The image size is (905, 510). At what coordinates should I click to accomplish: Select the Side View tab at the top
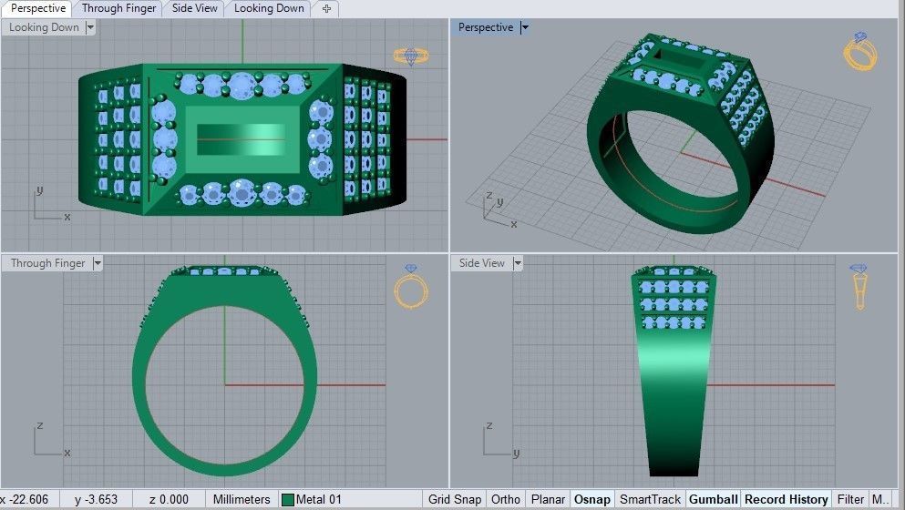[x=194, y=8]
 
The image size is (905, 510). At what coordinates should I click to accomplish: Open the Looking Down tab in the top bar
[x=269, y=8]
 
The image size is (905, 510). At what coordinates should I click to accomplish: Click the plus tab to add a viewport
[x=326, y=8]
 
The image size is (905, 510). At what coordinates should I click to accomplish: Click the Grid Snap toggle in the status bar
[x=454, y=499]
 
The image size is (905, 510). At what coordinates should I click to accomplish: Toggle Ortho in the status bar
[x=506, y=499]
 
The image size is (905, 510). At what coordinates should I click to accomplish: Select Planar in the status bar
[x=548, y=499]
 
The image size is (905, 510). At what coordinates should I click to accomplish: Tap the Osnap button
[x=592, y=499]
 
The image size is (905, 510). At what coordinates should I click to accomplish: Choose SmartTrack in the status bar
[x=650, y=499]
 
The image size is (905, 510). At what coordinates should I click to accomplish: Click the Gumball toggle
[x=714, y=499]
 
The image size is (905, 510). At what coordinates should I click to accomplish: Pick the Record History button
[x=786, y=499]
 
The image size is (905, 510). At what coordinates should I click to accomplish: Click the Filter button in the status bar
[x=850, y=499]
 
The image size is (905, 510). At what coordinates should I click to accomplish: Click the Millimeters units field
[x=242, y=499]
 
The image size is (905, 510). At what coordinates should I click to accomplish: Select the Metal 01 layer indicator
[x=312, y=499]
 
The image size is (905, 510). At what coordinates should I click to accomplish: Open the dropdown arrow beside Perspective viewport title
[x=524, y=27]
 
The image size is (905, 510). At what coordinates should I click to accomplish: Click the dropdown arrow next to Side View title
[x=518, y=263]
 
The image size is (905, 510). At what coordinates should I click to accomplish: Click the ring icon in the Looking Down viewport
[x=411, y=56]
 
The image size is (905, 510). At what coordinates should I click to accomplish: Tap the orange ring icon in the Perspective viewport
[x=859, y=52]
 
